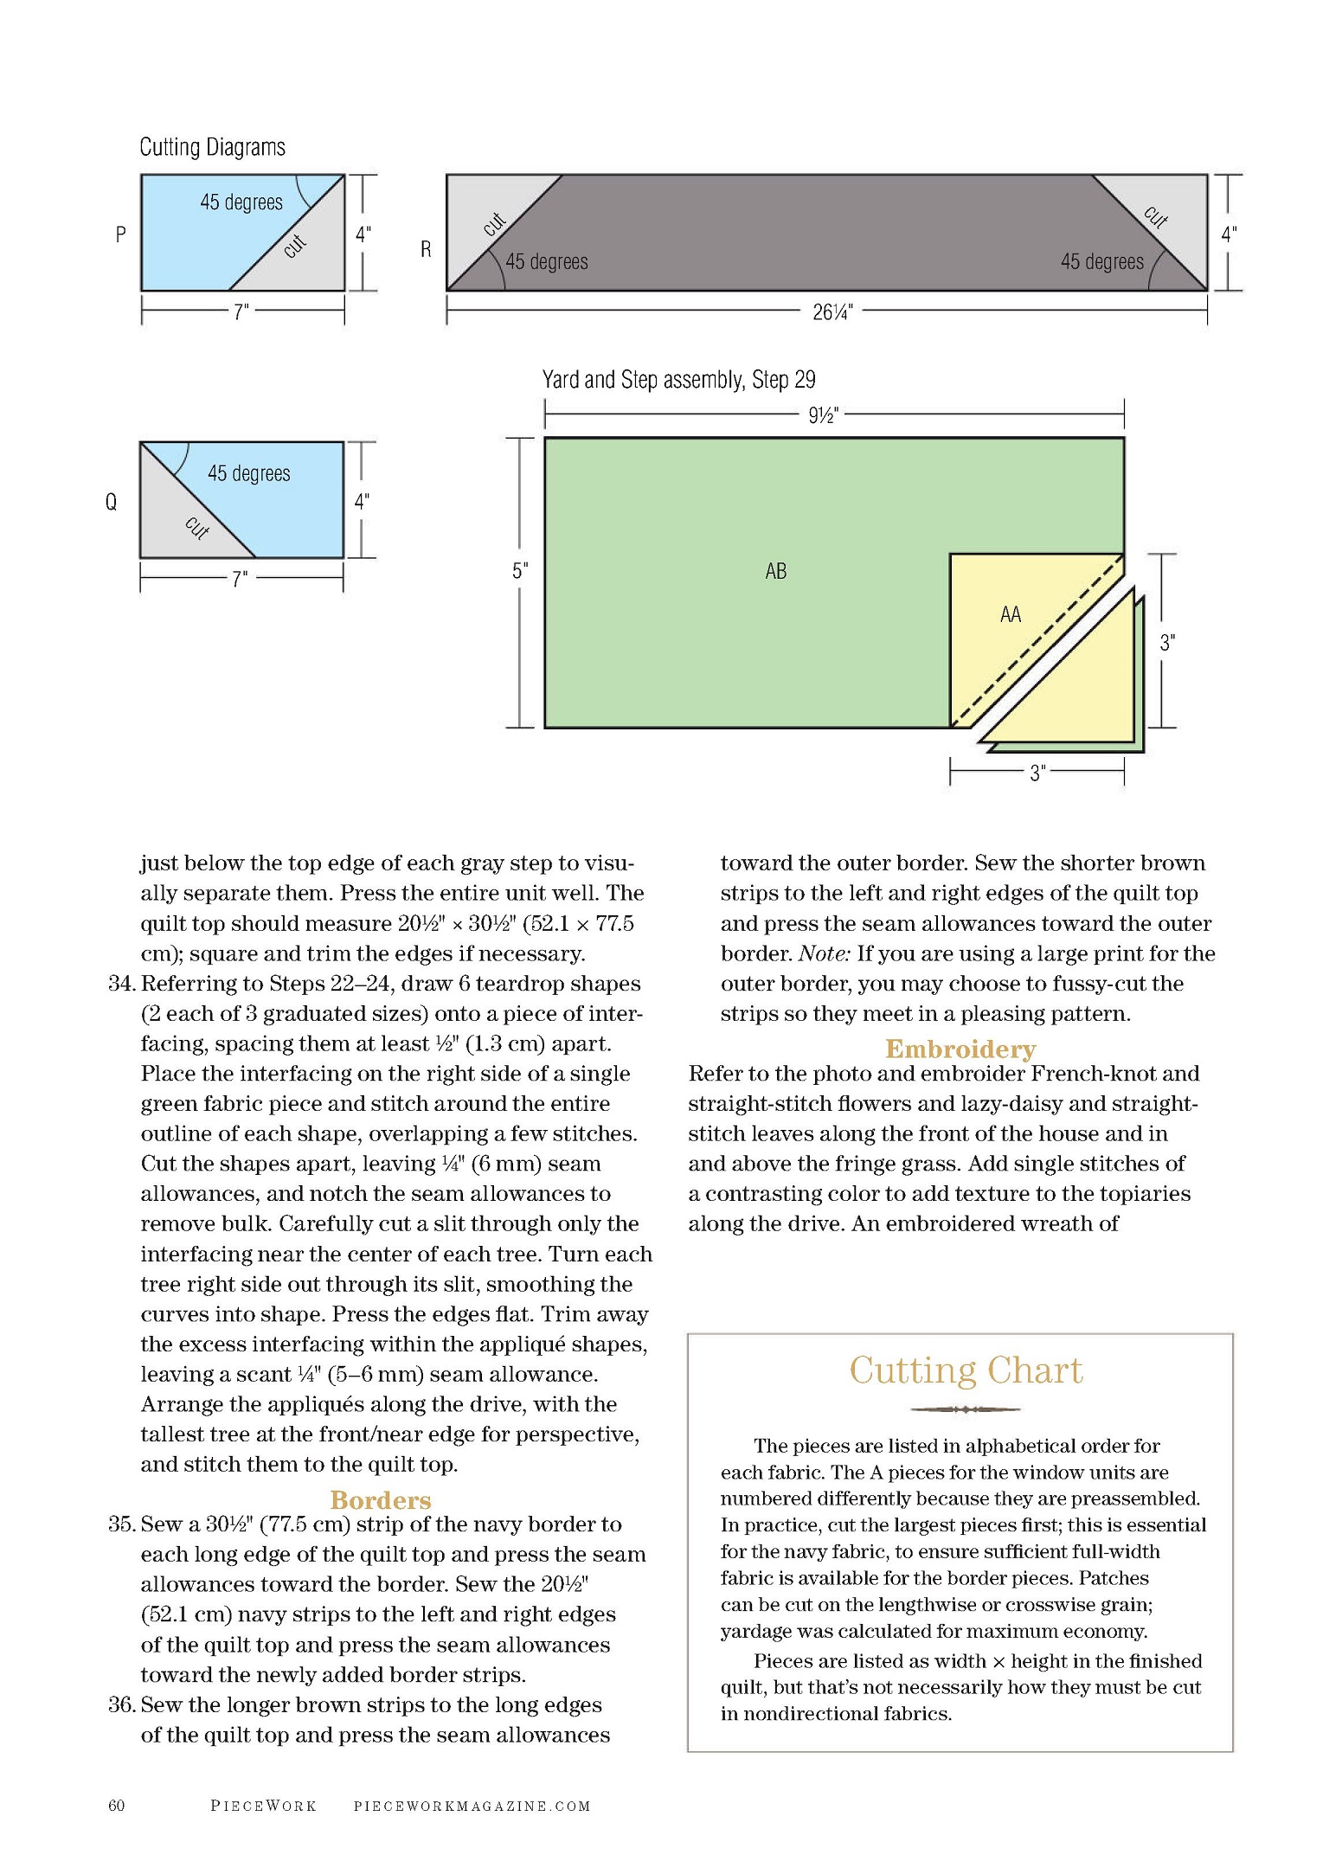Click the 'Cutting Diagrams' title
pyautogui.click(x=212, y=147)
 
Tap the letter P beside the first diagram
pyautogui.click(x=120, y=234)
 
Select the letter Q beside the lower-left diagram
pyautogui.click(x=111, y=502)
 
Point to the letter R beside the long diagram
pyautogui.click(x=426, y=249)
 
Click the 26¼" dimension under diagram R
pyautogui.click(x=832, y=312)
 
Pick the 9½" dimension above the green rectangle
pyautogui.click(x=823, y=415)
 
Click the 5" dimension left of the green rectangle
pyautogui.click(x=519, y=571)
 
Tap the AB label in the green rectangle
pyautogui.click(x=776, y=571)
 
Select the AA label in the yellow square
pyautogui.click(x=1011, y=614)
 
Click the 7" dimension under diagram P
pyautogui.click(x=241, y=311)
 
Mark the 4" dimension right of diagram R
pyautogui.click(x=1229, y=234)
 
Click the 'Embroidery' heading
pyautogui.click(x=960, y=1049)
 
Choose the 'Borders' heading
pyautogui.click(x=381, y=1499)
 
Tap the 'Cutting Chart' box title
pyautogui.click(x=966, y=1370)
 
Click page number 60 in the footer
pyautogui.click(x=117, y=1805)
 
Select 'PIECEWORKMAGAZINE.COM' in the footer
pyautogui.click(x=472, y=1806)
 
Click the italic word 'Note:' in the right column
pyautogui.click(x=825, y=953)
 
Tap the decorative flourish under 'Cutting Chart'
pyautogui.click(x=966, y=1409)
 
